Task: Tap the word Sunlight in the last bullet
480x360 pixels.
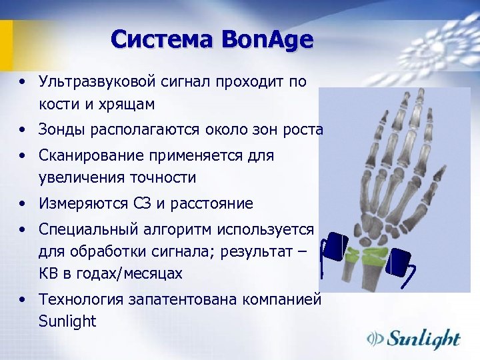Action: (x=67, y=321)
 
